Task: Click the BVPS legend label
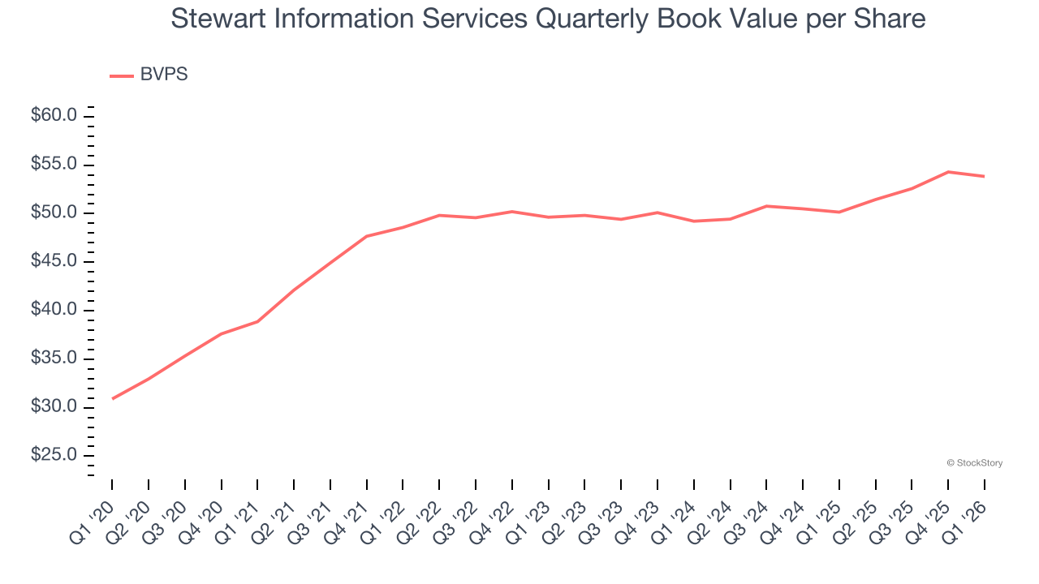coord(164,75)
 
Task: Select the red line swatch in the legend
coord(122,75)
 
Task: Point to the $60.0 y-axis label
coord(54,116)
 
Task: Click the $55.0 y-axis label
coord(54,165)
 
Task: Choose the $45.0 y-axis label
coord(54,261)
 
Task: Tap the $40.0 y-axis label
coord(54,310)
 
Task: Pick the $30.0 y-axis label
coord(54,406)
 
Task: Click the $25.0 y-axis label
coord(54,455)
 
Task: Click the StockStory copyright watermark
coord(974,463)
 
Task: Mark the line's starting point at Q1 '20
coord(112,398)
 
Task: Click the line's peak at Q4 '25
coord(948,172)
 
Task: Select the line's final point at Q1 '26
coord(984,176)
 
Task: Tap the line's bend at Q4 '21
coord(367,236)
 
